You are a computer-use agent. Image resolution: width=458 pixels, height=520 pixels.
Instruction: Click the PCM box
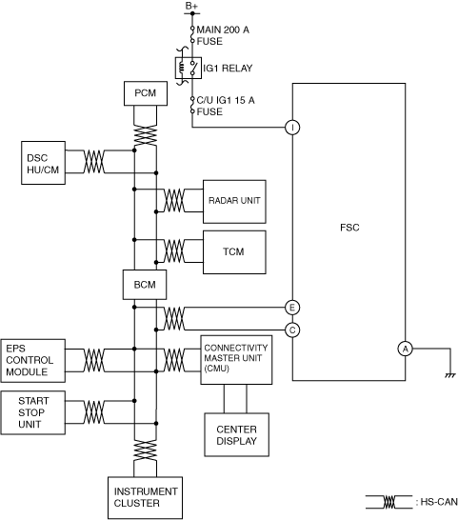[146, 93]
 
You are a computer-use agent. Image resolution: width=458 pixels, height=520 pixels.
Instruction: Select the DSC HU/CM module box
[43, 163]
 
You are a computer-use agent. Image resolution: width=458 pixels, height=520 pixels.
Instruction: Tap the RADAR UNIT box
[234, 202]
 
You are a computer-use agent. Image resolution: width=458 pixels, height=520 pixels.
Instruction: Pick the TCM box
[234, 252]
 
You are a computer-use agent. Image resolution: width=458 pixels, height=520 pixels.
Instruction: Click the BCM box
[145, 285]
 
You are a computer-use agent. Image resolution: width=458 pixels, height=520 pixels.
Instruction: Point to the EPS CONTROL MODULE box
[32, 361]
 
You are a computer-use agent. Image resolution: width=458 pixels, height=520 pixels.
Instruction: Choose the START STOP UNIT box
[32, 412]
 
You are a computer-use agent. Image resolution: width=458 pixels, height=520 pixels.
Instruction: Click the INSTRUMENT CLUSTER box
[146, 497]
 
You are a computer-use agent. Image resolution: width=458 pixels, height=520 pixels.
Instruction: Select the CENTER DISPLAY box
[236, 435]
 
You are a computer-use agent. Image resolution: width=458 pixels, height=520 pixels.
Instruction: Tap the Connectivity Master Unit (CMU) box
[236, 360]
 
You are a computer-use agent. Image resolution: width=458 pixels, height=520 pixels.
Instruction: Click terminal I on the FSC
[292, 128]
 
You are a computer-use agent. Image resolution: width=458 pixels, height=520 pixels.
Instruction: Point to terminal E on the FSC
[292, 308]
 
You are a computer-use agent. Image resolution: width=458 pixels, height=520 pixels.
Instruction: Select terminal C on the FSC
[292, 330]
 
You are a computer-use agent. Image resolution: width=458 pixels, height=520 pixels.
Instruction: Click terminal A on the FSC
[406, 349]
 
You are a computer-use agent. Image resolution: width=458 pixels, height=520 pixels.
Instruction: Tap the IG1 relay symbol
[188, 68]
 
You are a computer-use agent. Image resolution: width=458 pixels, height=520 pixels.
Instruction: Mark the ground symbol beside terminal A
[450, 375]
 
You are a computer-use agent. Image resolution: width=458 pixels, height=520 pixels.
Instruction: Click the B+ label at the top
[191, 6]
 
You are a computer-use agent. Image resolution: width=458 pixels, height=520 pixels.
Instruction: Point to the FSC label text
[349, 228]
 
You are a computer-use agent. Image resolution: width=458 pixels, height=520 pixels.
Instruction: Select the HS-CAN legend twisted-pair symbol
[389, 502]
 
